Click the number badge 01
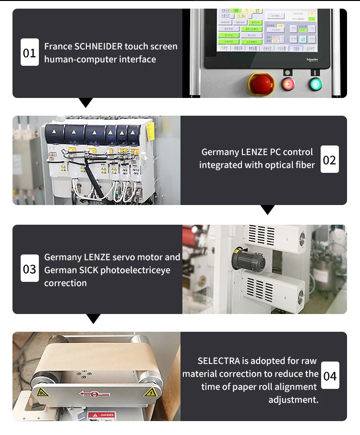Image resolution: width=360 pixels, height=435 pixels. tap(29, 52)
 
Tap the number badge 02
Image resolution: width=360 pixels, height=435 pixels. tap(329, 159)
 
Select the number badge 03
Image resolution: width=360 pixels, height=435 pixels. tap(29, 269)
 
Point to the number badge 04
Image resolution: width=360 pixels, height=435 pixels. tap(330, 375)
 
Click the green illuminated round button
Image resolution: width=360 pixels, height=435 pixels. tap(315, 84)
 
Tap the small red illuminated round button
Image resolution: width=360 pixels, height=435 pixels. tap(288, 84)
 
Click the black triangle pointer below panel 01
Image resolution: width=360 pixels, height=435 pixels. tap(85, 102)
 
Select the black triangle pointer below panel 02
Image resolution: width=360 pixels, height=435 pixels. tap(267, 209)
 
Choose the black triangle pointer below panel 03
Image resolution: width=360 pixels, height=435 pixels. tap(93, 318)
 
